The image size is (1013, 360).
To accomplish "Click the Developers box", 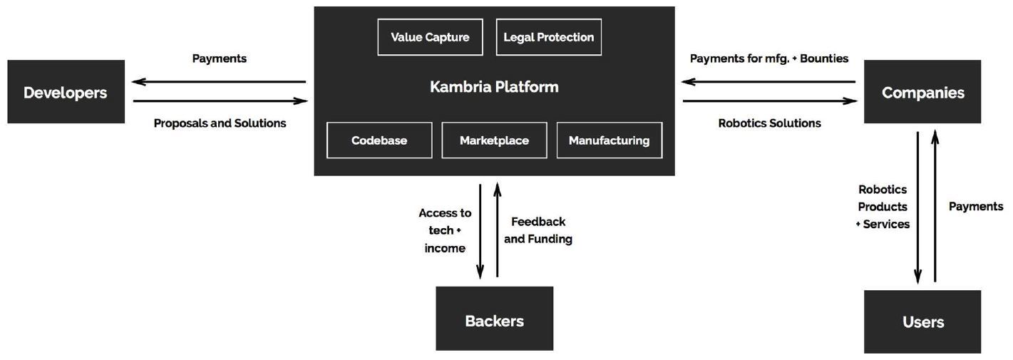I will click(x=66, y=92).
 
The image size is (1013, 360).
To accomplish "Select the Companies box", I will click(x=922, y=92).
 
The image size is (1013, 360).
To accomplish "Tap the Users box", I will click(x=922, y=322).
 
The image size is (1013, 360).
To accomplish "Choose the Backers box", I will click(x=494, y=319).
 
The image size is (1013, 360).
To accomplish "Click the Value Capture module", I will click(x=430, y=37).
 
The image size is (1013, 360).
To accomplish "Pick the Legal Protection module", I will click(x=548, y=37).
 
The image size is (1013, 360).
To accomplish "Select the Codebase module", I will click(x=379, y=140).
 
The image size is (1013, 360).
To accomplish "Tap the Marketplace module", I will click(x=494, y=140).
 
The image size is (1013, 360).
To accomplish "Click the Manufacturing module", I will click(x=609, y=140).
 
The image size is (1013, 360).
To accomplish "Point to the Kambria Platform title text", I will click(x=494, y=87).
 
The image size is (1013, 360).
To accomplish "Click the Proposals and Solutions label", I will click(x=220, y=123).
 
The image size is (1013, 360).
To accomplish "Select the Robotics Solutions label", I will click(x=769, y=123).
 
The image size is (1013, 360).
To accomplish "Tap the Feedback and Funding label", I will click(x=538, y=230).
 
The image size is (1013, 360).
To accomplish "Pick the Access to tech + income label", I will click(x=445, y=230).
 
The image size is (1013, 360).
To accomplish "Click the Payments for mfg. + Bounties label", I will click(x=769, y=58).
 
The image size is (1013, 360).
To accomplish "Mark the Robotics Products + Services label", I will click(x=883, y=207).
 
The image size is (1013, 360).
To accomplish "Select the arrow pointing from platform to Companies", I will click(x=770, y=101).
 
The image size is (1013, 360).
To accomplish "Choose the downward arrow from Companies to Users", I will click(x=918, y=207).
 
